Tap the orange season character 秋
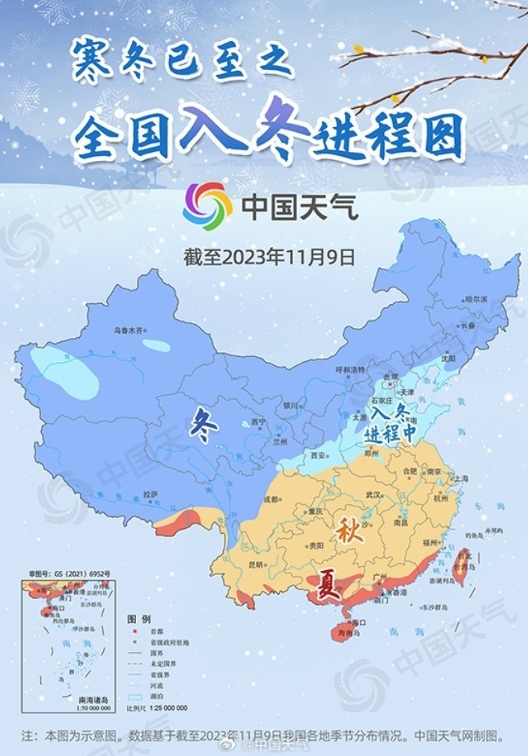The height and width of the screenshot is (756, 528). coord(348,533)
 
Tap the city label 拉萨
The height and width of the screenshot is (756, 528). coord(151,493)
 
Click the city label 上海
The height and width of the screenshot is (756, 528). coord(461,479)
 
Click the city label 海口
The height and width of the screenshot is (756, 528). coord(360,622)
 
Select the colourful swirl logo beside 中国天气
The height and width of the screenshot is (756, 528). coord(207,206)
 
